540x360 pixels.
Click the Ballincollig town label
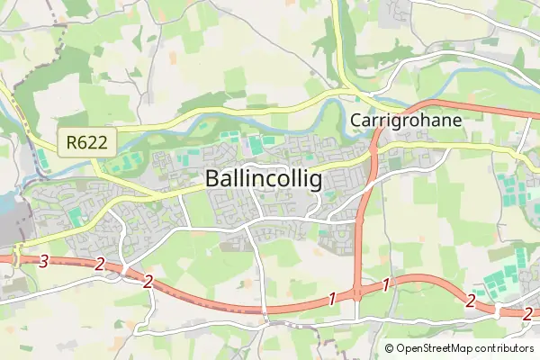click(x=263, y=179)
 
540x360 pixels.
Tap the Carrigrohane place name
click(x=405, y=121)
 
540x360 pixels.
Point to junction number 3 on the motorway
click(x=43, y=261)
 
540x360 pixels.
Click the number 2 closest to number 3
click(x=100, y=265)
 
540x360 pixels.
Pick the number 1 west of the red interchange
click(x=332, y=298)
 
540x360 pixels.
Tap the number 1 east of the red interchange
click(x=386, y=285)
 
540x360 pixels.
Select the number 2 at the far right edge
click(x=528, y=313)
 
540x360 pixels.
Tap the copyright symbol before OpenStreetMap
click(x=389, y=347)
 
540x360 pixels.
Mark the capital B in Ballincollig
click(x=212, y=179)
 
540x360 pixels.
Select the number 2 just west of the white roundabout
click(x=470, y=300)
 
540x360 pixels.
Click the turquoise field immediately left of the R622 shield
click(x=42, y=158)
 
